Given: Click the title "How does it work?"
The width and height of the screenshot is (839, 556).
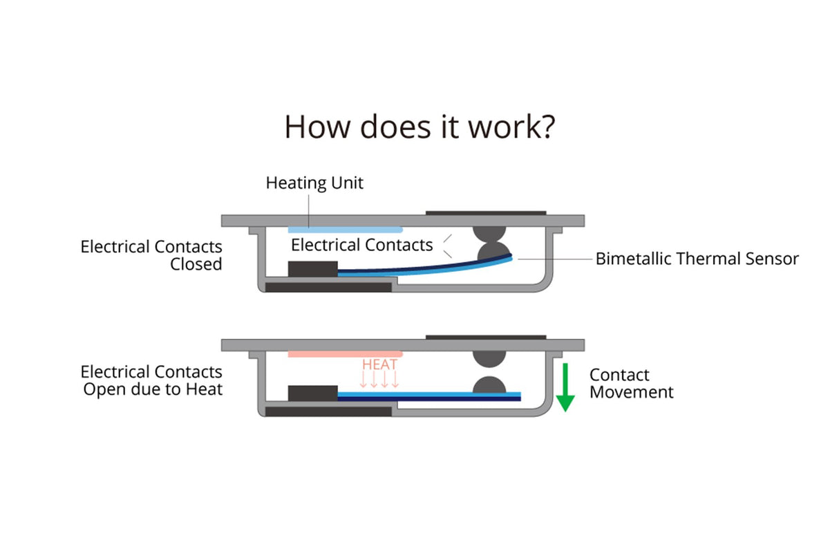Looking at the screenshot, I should [419, 127].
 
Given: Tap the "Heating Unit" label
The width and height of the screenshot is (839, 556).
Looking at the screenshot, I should [314, 183].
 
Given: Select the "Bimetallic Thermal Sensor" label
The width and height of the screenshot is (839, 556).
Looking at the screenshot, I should [697, 259].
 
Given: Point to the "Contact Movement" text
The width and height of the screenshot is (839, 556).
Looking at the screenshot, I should [630, 384].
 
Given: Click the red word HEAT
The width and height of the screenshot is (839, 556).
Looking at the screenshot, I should [379, 364].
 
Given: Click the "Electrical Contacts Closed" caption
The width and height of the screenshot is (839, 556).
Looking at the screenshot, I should [152, 255].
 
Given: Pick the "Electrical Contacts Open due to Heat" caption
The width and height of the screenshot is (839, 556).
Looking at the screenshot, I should [152, 380].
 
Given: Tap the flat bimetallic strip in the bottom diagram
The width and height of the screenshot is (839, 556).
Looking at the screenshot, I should [428, 396].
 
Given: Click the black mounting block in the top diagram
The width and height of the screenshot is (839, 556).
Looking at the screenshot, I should [312, 269].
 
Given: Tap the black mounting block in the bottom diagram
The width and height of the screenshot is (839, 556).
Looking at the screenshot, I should [312, 393].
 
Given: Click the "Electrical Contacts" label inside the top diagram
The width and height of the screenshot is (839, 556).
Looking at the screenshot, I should [361, 245].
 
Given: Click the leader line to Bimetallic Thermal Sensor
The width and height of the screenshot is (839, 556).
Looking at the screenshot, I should [553, 259].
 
